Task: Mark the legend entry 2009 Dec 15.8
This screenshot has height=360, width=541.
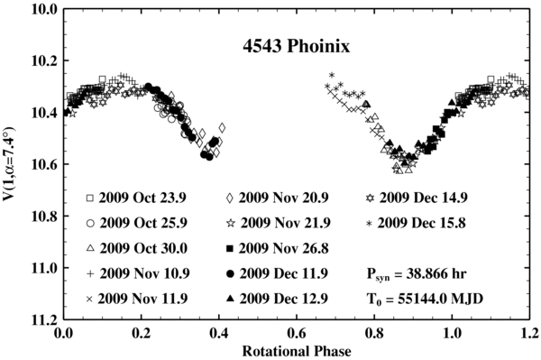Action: point(424,223)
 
